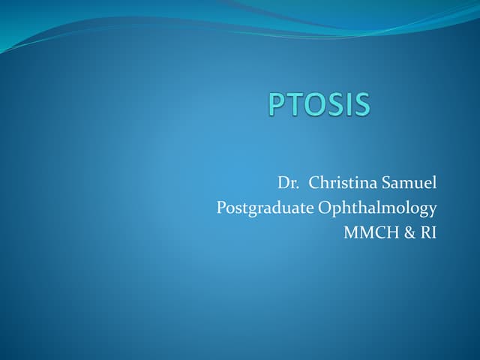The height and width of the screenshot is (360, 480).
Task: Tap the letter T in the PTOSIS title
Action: coord(295,104)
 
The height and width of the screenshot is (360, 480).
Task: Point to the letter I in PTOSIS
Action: coord(346,104)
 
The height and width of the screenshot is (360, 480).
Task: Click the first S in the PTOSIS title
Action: coord(334,104)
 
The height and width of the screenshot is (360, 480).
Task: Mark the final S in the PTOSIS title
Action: coord(360,104)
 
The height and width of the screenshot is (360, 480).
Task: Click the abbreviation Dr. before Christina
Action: coord(288,182)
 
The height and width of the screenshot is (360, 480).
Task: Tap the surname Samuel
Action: coord(409,182)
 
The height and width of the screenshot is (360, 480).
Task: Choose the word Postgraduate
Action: coord(265,208)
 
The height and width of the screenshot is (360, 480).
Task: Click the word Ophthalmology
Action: coord(378,208)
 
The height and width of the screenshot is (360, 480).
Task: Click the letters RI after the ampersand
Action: coord(427,232)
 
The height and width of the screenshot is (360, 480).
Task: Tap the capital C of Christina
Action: coord(315,182)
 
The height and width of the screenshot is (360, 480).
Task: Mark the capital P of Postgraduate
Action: coord(221,207)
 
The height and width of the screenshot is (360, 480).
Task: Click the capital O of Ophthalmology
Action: coord(325,207)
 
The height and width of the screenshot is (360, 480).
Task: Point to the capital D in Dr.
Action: coord(283,182)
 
